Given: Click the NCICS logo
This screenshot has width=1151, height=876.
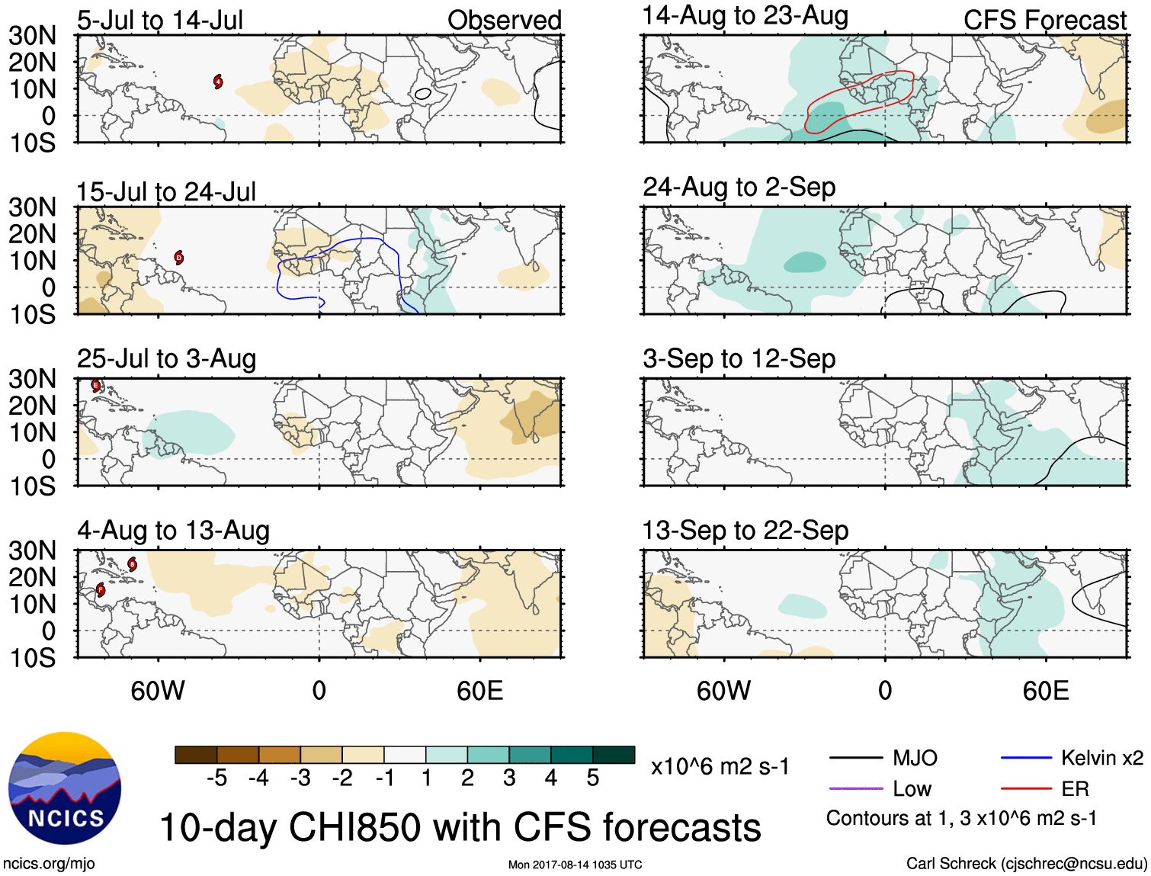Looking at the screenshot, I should click(x=64, y=788).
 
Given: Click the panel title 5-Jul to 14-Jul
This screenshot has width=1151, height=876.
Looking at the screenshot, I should click(x=160, y=21).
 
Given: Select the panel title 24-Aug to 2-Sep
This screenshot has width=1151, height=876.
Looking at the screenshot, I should click(x=739, y=187).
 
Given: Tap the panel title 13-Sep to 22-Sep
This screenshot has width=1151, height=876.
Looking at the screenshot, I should click(x=745, y=530).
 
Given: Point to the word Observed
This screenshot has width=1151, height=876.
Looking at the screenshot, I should click(x=504, y=21).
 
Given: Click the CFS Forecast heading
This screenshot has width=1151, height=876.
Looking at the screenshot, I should click(x=1044, y=21).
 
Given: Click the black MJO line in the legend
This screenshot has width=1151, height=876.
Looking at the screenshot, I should click(x=855, y=758).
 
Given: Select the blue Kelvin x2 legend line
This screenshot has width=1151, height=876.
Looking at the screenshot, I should click(x=1025, y=758).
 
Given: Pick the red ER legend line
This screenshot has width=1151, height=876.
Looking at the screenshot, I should click(x=1025, y=788).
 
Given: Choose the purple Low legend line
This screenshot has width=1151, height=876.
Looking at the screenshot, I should click(x=855, y=788).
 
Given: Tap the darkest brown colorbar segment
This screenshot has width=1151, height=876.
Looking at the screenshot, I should click(x=196, y=755).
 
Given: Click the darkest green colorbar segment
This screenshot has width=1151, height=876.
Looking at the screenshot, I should click(x=614, y=755).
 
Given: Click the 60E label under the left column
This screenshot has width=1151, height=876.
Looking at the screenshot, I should click(x=479, y=691).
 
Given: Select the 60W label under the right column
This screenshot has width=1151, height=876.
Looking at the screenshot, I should click(x=723, y=691).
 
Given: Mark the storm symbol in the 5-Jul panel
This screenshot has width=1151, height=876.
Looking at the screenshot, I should click(x=218, y=82).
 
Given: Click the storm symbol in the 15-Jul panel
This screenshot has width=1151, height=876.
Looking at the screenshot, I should click(x=178, y=257).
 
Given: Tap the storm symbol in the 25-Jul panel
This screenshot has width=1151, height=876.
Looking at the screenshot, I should click(x=96, y=386).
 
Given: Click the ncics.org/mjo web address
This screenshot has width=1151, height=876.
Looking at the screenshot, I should click(x=50, y=864).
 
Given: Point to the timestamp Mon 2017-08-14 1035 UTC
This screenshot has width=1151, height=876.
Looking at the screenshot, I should click(x=575, y=865).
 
